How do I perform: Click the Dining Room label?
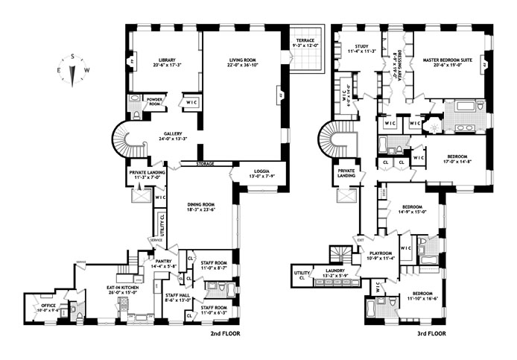point(199,204)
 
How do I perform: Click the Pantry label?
point(163,262)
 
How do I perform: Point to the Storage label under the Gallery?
point(206,163)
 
